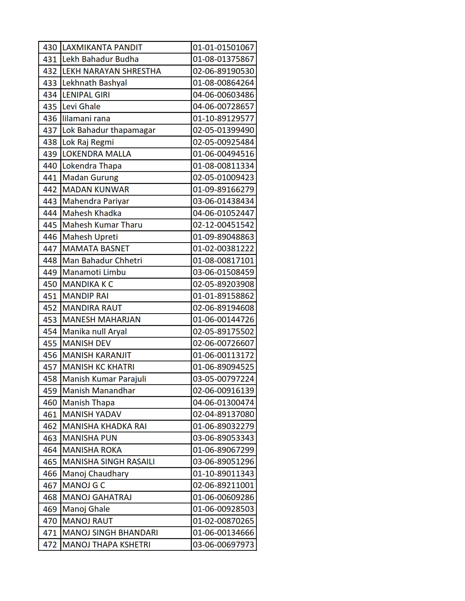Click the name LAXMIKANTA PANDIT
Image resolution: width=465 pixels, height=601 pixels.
pyautogui.click(x=102, y=47)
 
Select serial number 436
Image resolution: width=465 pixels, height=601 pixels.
pyautogui.click(x=50, y=118)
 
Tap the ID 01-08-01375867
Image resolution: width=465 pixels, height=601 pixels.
pyautogui.click(x=223, y=59)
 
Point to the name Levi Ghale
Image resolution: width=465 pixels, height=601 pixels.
pyautogui.click(x=81, y=106)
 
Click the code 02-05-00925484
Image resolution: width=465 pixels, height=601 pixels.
pyautogui.click(x=223, y=142)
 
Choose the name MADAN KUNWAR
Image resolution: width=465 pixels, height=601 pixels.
pyautogui.click(x=96, y=189)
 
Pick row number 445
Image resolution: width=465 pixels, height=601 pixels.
pyautogui.click(x=50, y=225)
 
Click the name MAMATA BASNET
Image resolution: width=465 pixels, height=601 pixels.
pyautogui.click(x=96, y=248)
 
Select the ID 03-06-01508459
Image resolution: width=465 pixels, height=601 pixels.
pyautogui.click(x=223, y=272)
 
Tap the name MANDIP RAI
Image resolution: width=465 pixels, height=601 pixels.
pyautogui.click(x=85, y=296)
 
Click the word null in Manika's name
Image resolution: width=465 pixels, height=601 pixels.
pyautogui.click(x=97, y=331)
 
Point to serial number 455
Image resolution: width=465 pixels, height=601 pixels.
pyautogui.click(x=50, y=343)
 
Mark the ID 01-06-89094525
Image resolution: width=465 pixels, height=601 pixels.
pyautogui.click(x=223, y=367)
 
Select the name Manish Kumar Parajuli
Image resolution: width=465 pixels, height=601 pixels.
pyautogui.click(x=104, y=379)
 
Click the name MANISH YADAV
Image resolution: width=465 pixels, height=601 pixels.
pyautogui.click(x=92, y=414)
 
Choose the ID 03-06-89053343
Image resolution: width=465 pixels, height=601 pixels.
pyautogui.click(x=223, y=438)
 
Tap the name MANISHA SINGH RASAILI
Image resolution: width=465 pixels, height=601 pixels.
pyautogui.click(x=108, y=461)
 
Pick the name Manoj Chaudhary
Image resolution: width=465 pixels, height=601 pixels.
pyautogui.click(x=95, y=474)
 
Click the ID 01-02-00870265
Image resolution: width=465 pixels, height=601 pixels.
pyautogui.click(x=223, y=521)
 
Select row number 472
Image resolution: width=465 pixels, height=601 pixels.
pyautogui.click(x=50, y=545)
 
